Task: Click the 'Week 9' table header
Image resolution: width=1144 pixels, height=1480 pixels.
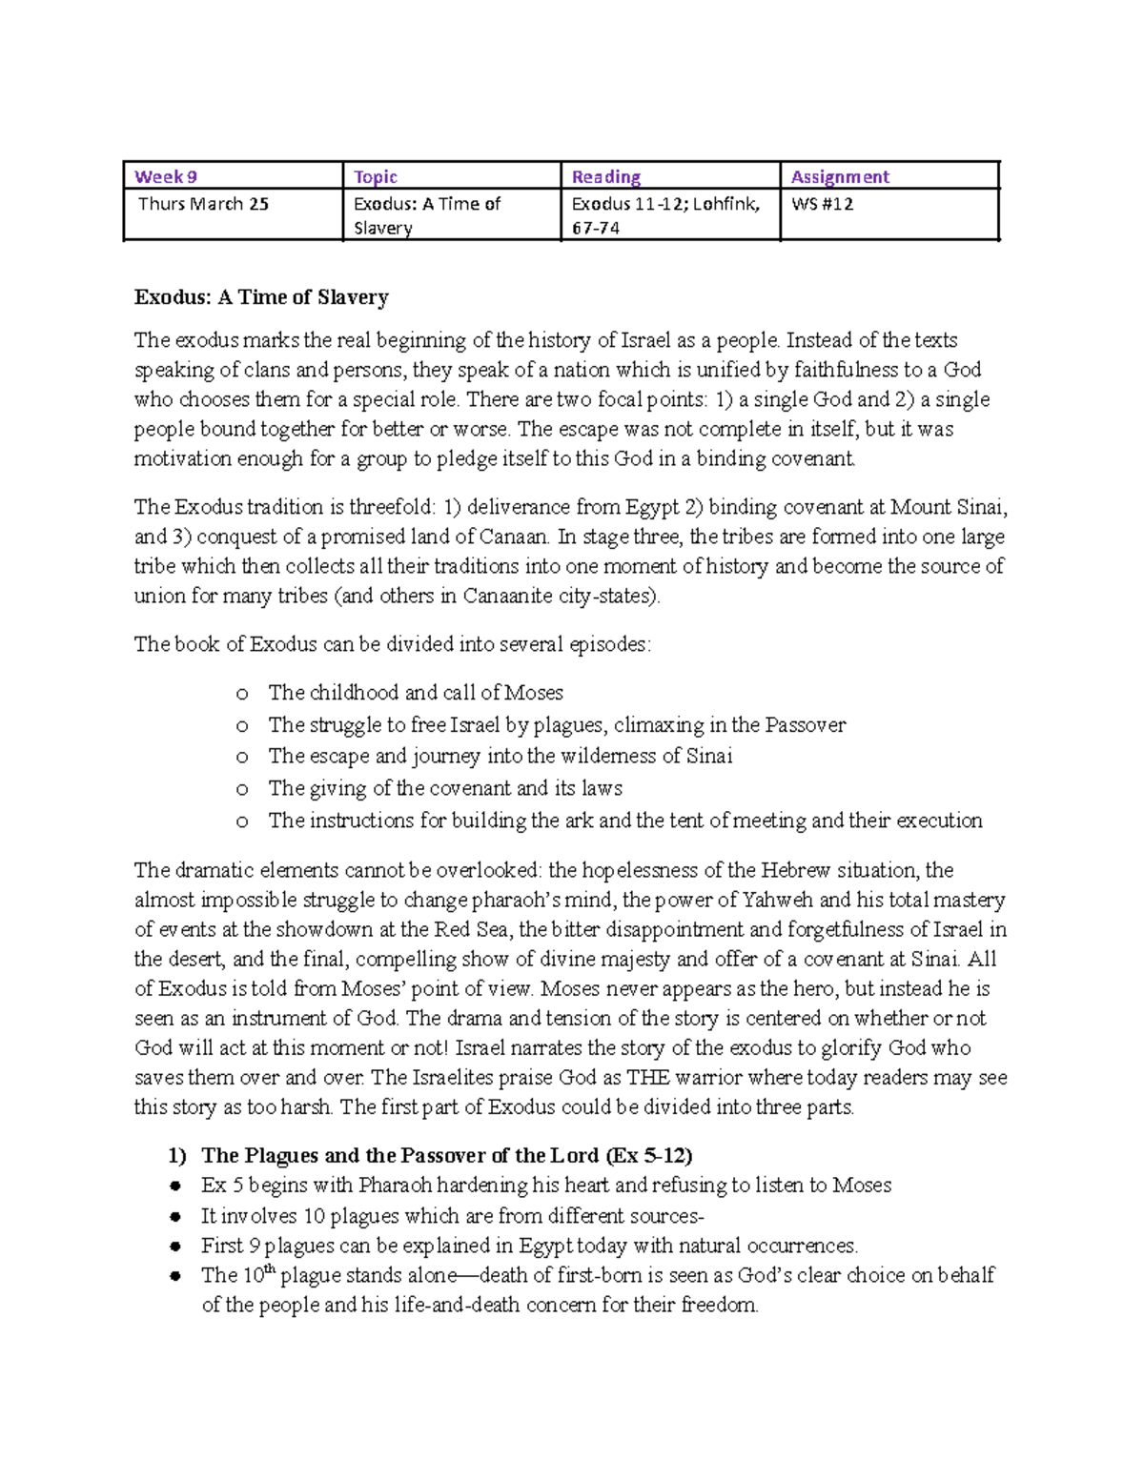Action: [166, 176]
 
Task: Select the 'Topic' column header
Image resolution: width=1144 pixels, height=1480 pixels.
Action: [376, 176]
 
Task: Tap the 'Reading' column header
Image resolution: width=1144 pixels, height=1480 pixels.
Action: [605, 176]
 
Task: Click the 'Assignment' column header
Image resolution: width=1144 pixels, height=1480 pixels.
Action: [840, 176]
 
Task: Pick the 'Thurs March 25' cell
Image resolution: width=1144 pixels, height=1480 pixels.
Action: [203, 204]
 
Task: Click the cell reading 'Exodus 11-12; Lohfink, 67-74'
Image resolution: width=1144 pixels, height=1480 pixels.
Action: [665, 215]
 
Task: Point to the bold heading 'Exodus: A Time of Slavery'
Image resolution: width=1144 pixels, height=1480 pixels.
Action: [261, 297]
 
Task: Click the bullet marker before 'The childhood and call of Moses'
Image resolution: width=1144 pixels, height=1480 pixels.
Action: [242, 694]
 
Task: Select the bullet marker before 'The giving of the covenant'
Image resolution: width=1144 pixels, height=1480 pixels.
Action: [242, 789]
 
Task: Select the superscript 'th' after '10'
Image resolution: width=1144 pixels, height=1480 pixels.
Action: [269, 1269]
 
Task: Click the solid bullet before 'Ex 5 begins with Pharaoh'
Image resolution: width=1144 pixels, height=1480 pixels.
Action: [175, 1186]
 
